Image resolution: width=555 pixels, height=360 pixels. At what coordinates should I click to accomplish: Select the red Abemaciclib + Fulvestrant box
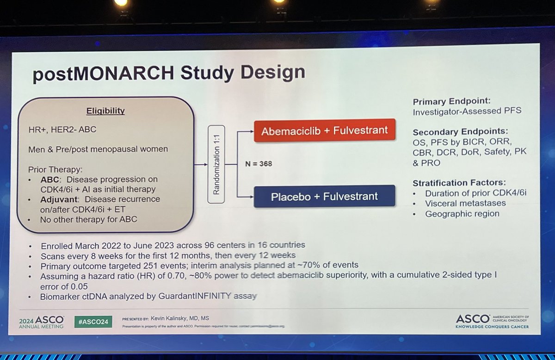pyautogui.click(x=324, y=130)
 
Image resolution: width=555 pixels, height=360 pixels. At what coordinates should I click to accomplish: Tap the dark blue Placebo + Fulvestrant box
pyautogui.click(x=324, y=196)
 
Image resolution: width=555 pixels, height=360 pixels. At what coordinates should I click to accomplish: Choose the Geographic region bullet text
pyautogui.click(x=456, y=213)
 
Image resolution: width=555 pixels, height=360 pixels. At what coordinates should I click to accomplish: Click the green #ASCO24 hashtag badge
pyautogui.click(x=93, y=322)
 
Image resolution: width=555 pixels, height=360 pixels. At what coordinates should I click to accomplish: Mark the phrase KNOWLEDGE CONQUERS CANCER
pyautogui.click(x=492, y=326)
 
